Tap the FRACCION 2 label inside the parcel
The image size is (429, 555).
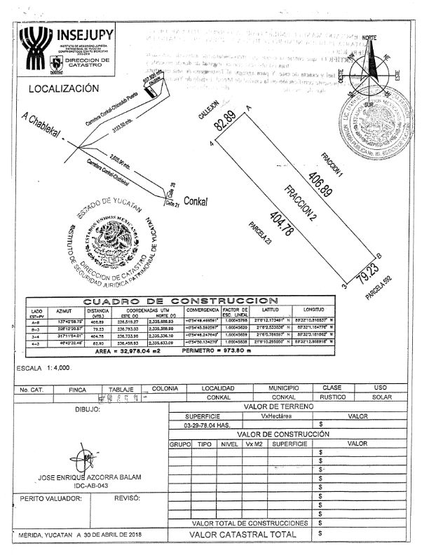pos(300,203)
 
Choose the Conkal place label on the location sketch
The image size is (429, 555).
pos(196,199)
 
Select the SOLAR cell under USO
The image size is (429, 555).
pos(381,397)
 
